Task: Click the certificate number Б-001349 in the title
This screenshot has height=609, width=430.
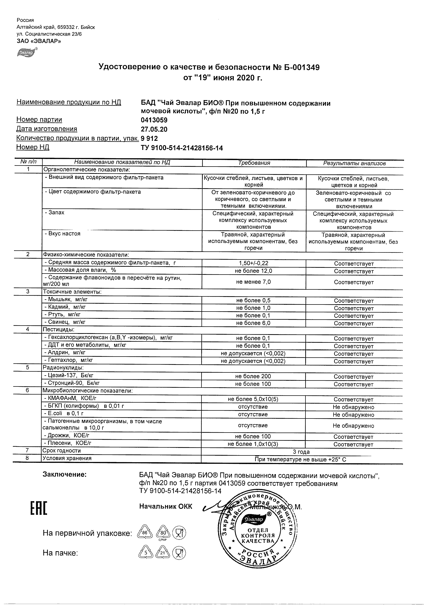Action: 302,67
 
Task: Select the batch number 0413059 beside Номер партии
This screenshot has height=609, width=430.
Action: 154,120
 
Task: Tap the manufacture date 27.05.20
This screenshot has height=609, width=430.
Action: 154,129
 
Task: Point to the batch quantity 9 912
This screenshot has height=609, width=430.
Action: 149,138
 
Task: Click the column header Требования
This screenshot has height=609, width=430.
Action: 254,163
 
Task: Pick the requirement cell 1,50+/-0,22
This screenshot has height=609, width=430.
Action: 253,263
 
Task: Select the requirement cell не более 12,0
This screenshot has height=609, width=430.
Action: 253,271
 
